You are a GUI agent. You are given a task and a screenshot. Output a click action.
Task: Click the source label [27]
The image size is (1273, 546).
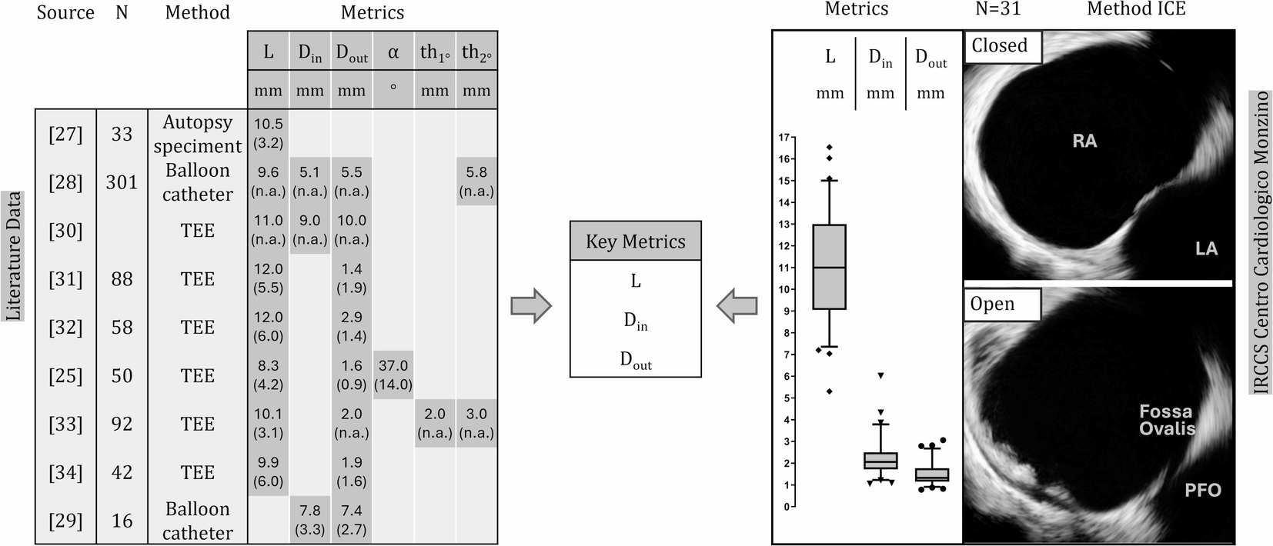65,134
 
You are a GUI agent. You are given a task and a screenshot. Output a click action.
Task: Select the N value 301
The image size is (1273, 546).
122,182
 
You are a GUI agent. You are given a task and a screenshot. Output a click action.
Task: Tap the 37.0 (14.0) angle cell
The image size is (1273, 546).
393,375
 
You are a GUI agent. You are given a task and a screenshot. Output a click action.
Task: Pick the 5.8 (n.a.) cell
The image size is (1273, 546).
476,181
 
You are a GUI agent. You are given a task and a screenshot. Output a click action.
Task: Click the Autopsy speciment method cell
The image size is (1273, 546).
198,134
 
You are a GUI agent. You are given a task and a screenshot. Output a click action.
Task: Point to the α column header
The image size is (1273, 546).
393,52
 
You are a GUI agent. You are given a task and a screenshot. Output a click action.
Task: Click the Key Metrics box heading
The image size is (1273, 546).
635,241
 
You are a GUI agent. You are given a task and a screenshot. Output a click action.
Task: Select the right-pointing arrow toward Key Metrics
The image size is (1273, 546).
531,306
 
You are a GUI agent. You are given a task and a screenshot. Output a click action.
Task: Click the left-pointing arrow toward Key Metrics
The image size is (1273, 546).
737,306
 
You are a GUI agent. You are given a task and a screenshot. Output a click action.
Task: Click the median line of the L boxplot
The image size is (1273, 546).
830,267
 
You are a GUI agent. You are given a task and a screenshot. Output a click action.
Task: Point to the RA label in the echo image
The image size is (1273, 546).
1084,141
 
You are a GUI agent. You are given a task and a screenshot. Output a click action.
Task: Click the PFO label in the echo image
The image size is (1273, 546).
1202,490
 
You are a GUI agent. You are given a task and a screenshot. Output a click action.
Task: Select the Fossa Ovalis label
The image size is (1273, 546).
1167,420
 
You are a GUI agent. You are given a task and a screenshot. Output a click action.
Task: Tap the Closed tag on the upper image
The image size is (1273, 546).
1000,45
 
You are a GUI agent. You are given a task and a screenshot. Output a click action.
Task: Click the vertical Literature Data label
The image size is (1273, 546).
14,256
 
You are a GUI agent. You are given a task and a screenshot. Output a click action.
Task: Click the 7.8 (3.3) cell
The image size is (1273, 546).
310,520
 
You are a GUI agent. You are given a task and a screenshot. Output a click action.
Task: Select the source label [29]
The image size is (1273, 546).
65,521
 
